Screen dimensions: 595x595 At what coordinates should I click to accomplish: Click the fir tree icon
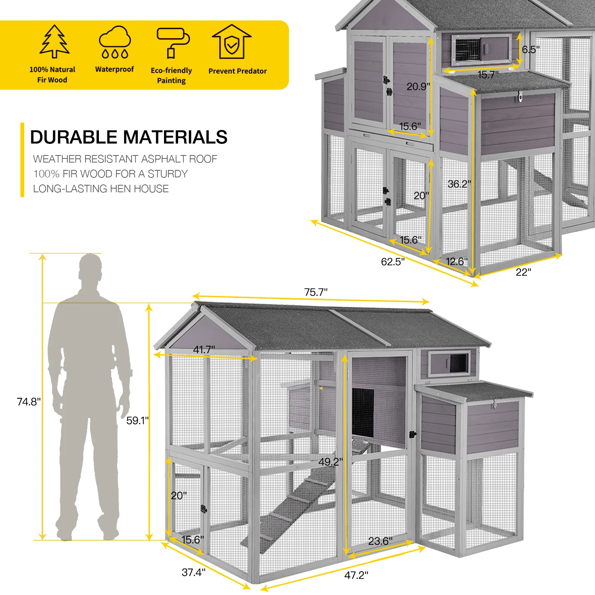(x=55, y=42)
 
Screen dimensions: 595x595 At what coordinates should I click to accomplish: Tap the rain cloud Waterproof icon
(x=115, y=42)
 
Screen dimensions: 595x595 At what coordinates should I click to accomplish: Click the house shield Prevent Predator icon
(x=232, y=42)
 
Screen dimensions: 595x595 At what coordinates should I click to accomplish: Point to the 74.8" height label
(x=29, y=402)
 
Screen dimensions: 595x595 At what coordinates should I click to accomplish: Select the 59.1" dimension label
(x=137, y=421)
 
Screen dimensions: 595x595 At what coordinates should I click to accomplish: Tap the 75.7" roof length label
(x=316, y=292)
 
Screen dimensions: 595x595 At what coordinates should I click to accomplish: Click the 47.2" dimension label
(x=356, y=575)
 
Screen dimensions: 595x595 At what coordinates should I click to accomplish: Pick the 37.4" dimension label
(x=193, y=572)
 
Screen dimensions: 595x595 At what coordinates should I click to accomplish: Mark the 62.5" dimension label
(x=393, y=262)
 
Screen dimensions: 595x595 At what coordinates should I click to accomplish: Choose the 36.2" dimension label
(x=459, y=184)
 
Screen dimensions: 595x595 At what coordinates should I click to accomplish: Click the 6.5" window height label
(x=531, y=49)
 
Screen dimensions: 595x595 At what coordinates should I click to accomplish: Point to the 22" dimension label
(x=523, y=273)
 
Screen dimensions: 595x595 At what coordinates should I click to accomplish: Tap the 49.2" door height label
(x=331, y=462)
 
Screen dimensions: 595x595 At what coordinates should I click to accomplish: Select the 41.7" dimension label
(x=204, y=350)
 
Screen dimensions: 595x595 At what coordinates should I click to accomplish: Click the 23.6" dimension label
(x=380, y=541)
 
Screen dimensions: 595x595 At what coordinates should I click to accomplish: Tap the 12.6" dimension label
(x=457, y=261)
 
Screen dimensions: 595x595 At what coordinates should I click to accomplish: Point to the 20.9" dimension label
(x=418, y=87)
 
